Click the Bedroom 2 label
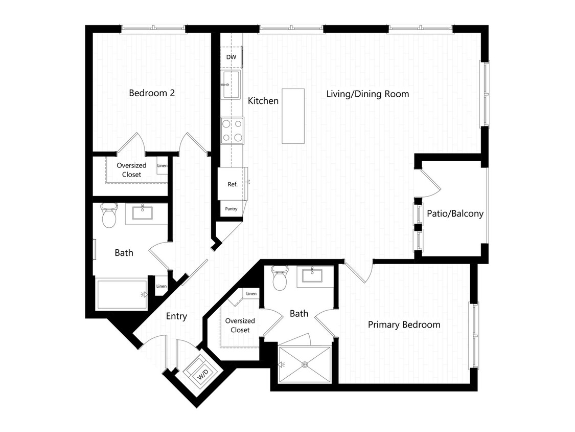click(x=152, y=93)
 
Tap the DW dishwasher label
click(x=231, y=57)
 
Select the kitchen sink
click(x=232, y=85)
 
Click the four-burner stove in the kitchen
click(x=232, y=131)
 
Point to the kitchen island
click(x=293, y=116)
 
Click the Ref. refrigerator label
click(x=233, y=184)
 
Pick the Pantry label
click(x=231, y=209)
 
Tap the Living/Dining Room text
click(x=368, y=94)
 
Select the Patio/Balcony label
click(x=455, y=214)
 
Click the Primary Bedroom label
click(x=404, y=325)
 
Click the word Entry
click(x=176, y=316)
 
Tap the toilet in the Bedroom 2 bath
click(x=109, y=215)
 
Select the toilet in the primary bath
click(x=280, y=278)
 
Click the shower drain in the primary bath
click(x=305, y=364)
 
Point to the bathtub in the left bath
click(x=122, y=295)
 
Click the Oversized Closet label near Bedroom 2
click(x=131, y=170)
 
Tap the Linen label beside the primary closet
click(x=251, y=293)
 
